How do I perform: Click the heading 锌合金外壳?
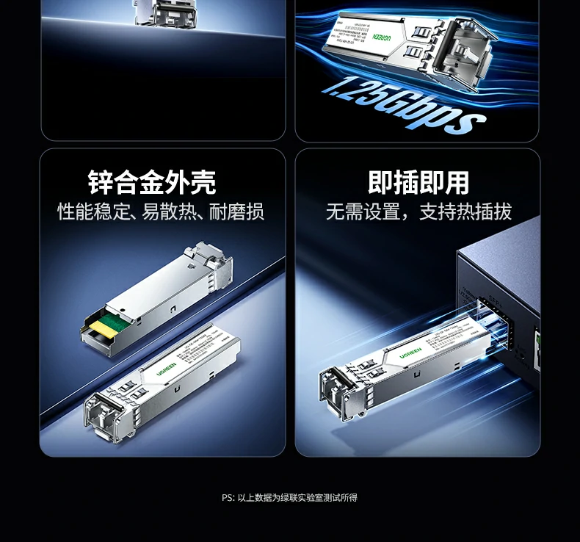click(152, 182)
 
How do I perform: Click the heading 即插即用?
click(418, 182)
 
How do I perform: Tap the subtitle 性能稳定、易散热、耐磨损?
click(161, 212)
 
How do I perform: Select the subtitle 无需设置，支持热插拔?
click(418, 212)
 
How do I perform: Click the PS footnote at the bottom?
click(289, 497)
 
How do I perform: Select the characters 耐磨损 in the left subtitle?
click(236, 212)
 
